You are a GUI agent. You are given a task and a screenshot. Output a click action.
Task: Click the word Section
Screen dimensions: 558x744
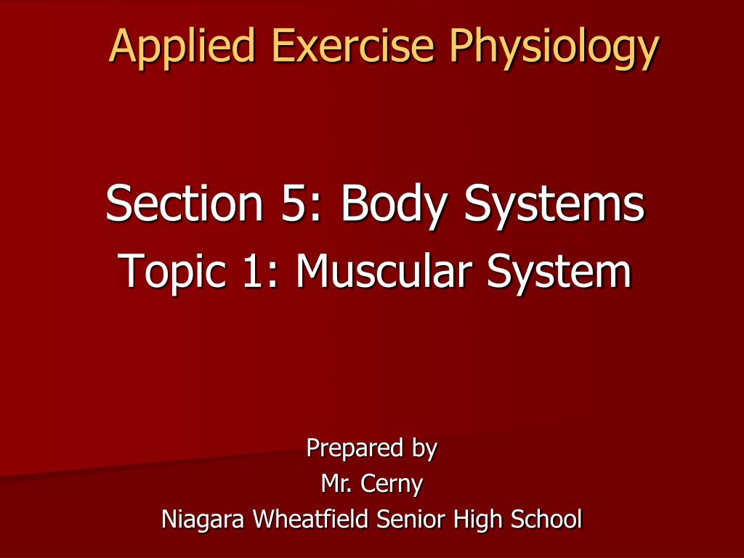pyautogui.click(x=184, y=203)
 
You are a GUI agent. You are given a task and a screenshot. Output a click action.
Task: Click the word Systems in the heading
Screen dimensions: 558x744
pyautogui.click(x=555, y=205)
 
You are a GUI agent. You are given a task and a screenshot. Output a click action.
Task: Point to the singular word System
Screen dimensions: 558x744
pyautogui.click(x=559, y=272)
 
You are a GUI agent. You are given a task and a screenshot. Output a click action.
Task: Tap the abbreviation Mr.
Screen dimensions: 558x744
pyautogui.click(x=333, y=484)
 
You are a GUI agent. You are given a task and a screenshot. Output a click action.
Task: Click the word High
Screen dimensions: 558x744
pyautogui.click(x=479, y=520)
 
